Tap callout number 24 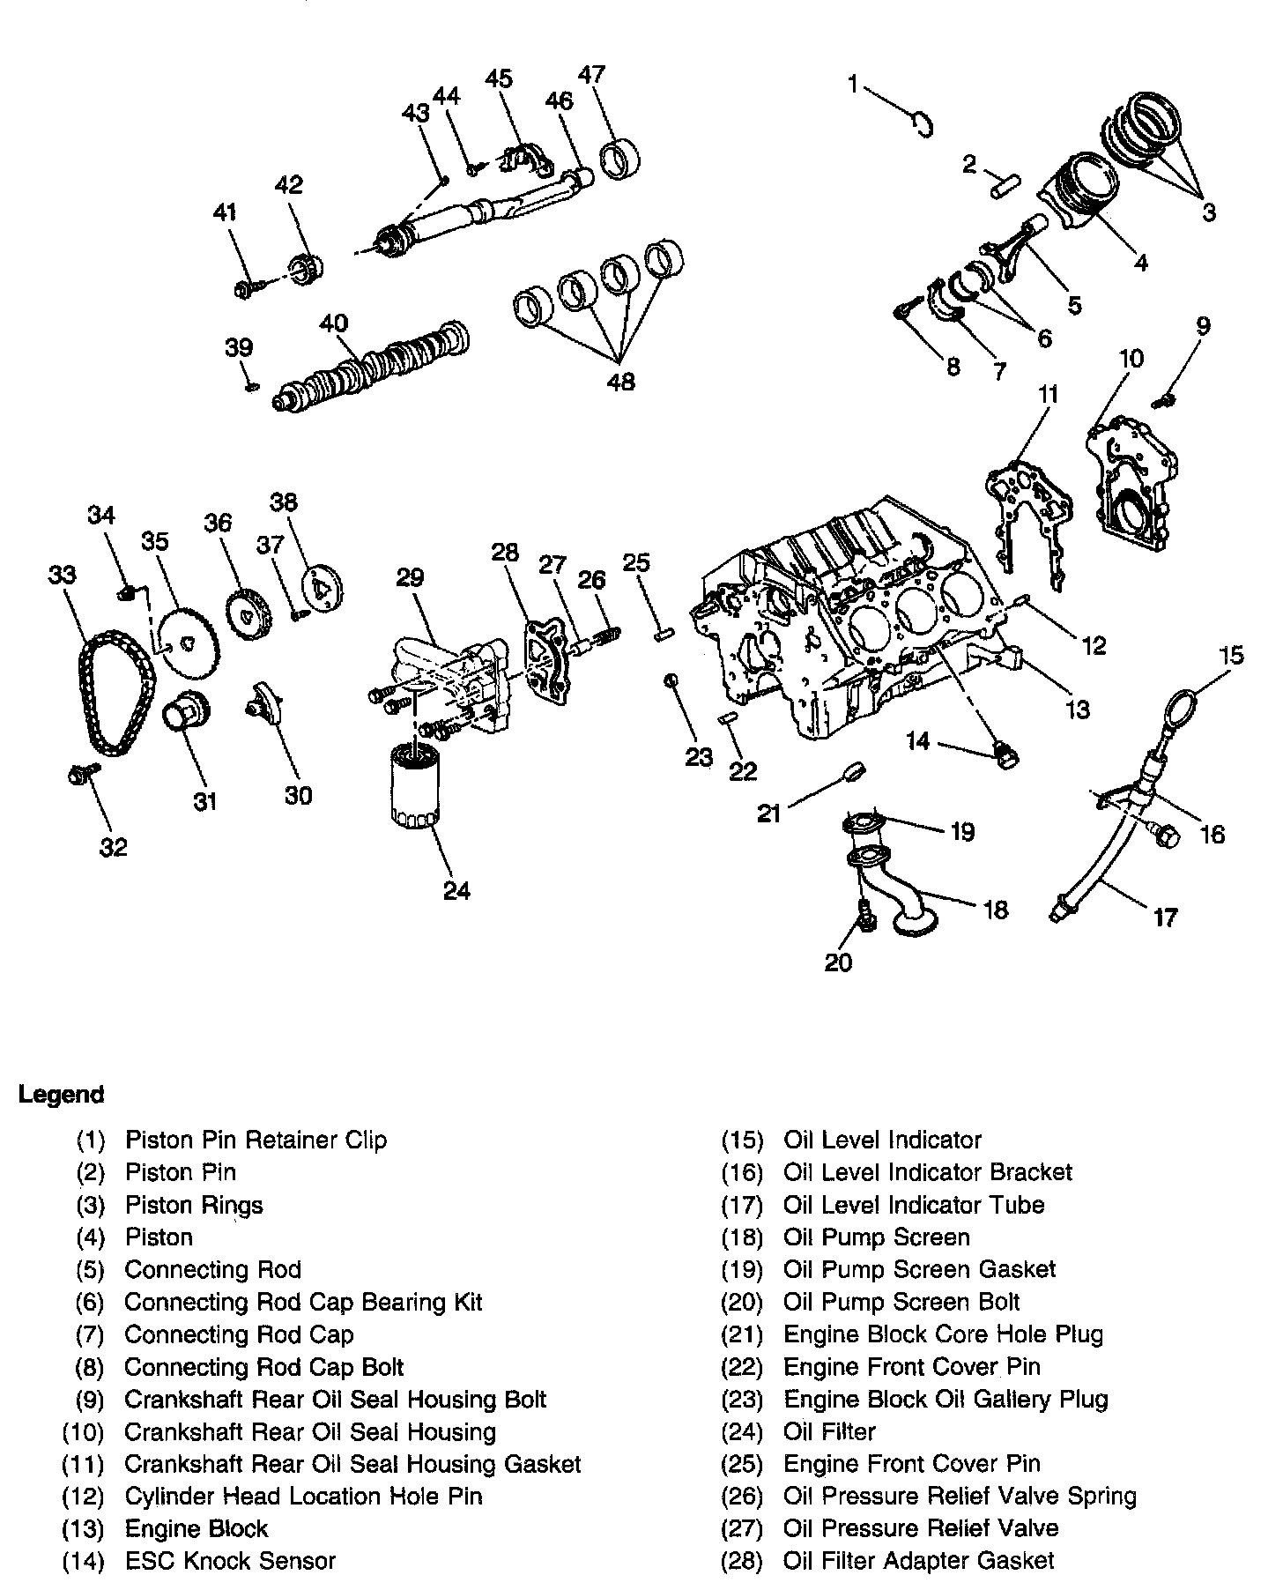(x=456, y=890)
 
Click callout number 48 (x=620, y=382)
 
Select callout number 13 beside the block (x=1077, y=709)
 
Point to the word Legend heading (x=62, y=1095)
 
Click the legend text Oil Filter (x=829, y=1431)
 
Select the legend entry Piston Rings (x=194, y=1205)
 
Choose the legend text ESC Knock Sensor (x=230, y=1561)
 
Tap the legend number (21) (x=741, y=1334)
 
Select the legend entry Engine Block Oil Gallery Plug (x=946, y=1400)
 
